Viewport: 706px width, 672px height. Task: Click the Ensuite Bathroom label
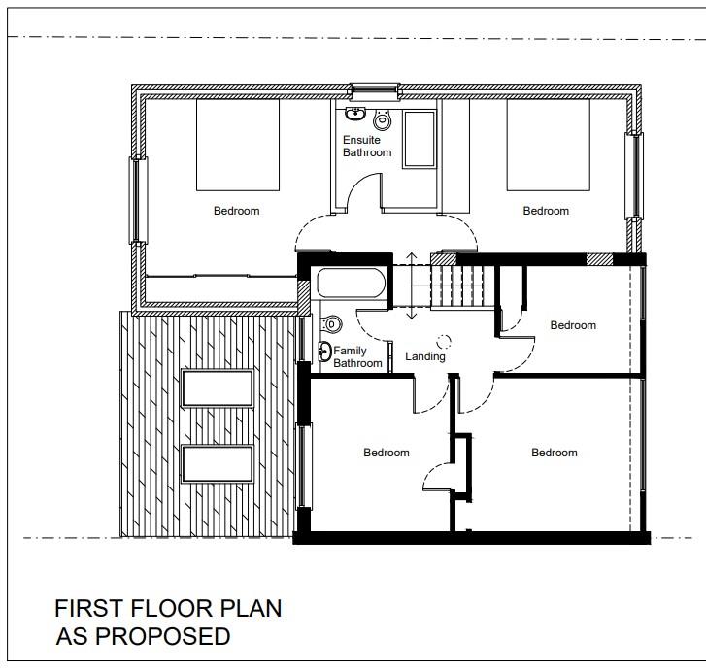point(367,147)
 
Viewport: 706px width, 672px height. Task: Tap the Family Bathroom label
point(357,357)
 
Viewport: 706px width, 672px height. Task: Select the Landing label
point(425,356)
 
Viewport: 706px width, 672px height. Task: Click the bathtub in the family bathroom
point(351,284)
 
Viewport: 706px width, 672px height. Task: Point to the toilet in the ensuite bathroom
point(383,118)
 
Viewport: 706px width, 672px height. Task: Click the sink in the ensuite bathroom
point(355,114)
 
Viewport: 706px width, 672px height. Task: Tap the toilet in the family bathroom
point(331,323)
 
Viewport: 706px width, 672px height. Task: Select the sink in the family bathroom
point(324,352)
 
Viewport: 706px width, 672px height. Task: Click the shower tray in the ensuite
point(420,139)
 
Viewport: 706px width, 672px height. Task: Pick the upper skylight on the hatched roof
point(218,388)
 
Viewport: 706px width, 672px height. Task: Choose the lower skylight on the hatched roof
point(218,463)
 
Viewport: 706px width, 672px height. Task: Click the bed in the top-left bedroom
point(238,145)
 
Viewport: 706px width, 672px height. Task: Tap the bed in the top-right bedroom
point(549,145)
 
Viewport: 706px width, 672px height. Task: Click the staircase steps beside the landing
point(457,286)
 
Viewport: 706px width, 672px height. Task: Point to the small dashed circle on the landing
point(444,341)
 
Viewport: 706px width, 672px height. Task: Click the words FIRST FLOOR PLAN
point(168,608)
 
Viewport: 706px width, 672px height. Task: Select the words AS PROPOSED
point(143,636)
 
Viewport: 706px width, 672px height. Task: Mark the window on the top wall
point(375,92)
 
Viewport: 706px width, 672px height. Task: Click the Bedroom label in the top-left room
point(236,211)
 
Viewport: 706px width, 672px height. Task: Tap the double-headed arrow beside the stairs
point(411,286)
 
